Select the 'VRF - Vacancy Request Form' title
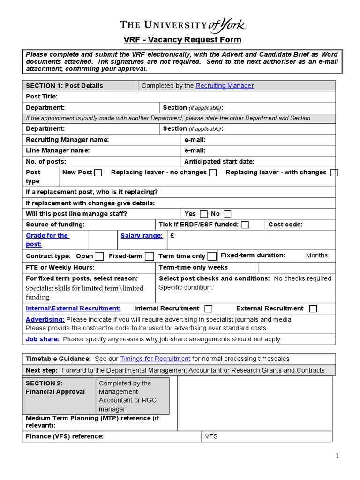pyautogui.click(x=182, y=40)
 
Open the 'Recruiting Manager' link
pyautogui.click(x=225, y=86)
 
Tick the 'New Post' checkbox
pyautogui.click(x=98, y=173)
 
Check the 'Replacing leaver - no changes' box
pyautogui.click(x=213, y=173)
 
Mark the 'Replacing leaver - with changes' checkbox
pyautogui.click(x=334, y=173)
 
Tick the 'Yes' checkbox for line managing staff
pyautogui.click(x=203, y=214)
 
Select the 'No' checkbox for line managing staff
pyautogui.click(x=227, y=214)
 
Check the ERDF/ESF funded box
pyautogui.click(x=245, y=225)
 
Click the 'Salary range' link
pyautogui.click(x=142, y=236)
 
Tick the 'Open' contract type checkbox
pyautogui.click(x=99, y=256)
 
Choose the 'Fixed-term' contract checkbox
pyautogui.click(x=150, y=256)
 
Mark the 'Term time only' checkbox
pyautogui.click(x=212, y=256)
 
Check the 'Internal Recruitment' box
pyautogui.click(x=209, y=308)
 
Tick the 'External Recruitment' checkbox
pyautogui.click(x=313, y=308)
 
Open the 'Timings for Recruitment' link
pyautogui.click(x=155, y=359)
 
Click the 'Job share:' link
pyautogui.click(x=42, y=339)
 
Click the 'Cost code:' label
pyautogui.click(x=285, y=225)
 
